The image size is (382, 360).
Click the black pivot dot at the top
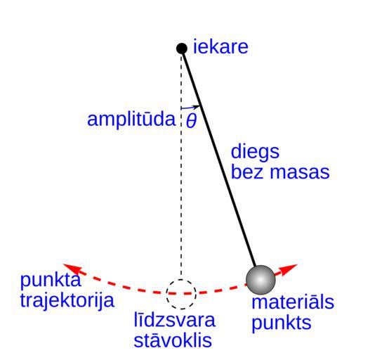tap(182, 49)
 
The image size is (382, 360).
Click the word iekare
tap(220, 47)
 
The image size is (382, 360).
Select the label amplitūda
tap(131, 120)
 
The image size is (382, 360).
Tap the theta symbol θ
tap(191, 120)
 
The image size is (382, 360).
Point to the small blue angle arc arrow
tap(190, 108)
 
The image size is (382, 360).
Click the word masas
tap(300, 173)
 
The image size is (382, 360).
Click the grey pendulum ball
tap(261, 280)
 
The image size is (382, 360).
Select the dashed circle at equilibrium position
tap(181, 280)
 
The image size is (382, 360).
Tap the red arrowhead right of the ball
tap(288, 269)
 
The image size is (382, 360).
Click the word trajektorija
tap(67, 300)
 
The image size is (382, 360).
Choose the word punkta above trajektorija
tap(50, 281)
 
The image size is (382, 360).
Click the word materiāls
tap(293, 302)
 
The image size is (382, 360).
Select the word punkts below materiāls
tap(282, 323)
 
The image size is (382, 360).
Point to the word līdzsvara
tap(174, 319)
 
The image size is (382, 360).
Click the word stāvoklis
tap(173, 340)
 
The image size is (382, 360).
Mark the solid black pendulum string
tap(219, 158)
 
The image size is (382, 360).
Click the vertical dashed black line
tap(181, 167)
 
